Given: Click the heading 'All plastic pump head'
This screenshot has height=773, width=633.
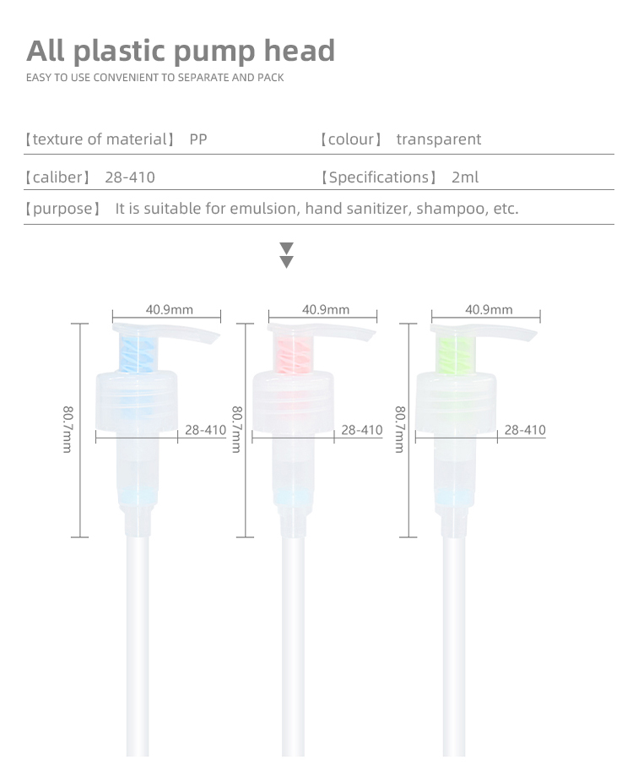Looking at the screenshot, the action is coord(181,51).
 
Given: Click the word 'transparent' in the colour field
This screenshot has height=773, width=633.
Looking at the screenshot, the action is coord(438,139).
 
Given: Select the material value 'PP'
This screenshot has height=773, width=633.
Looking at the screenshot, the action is coord(198,139).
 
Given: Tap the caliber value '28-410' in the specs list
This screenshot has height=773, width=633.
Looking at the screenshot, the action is coord(130,177).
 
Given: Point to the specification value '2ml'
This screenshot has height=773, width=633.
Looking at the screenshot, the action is coord(465,177).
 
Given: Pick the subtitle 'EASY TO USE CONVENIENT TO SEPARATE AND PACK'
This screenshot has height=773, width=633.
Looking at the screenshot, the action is coord(154,78).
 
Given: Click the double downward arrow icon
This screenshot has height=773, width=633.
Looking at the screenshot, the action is coord(286,255).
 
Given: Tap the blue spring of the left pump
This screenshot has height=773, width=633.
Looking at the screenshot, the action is coord(138,352).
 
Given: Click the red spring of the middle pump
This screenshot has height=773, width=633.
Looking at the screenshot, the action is coord(294,352).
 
